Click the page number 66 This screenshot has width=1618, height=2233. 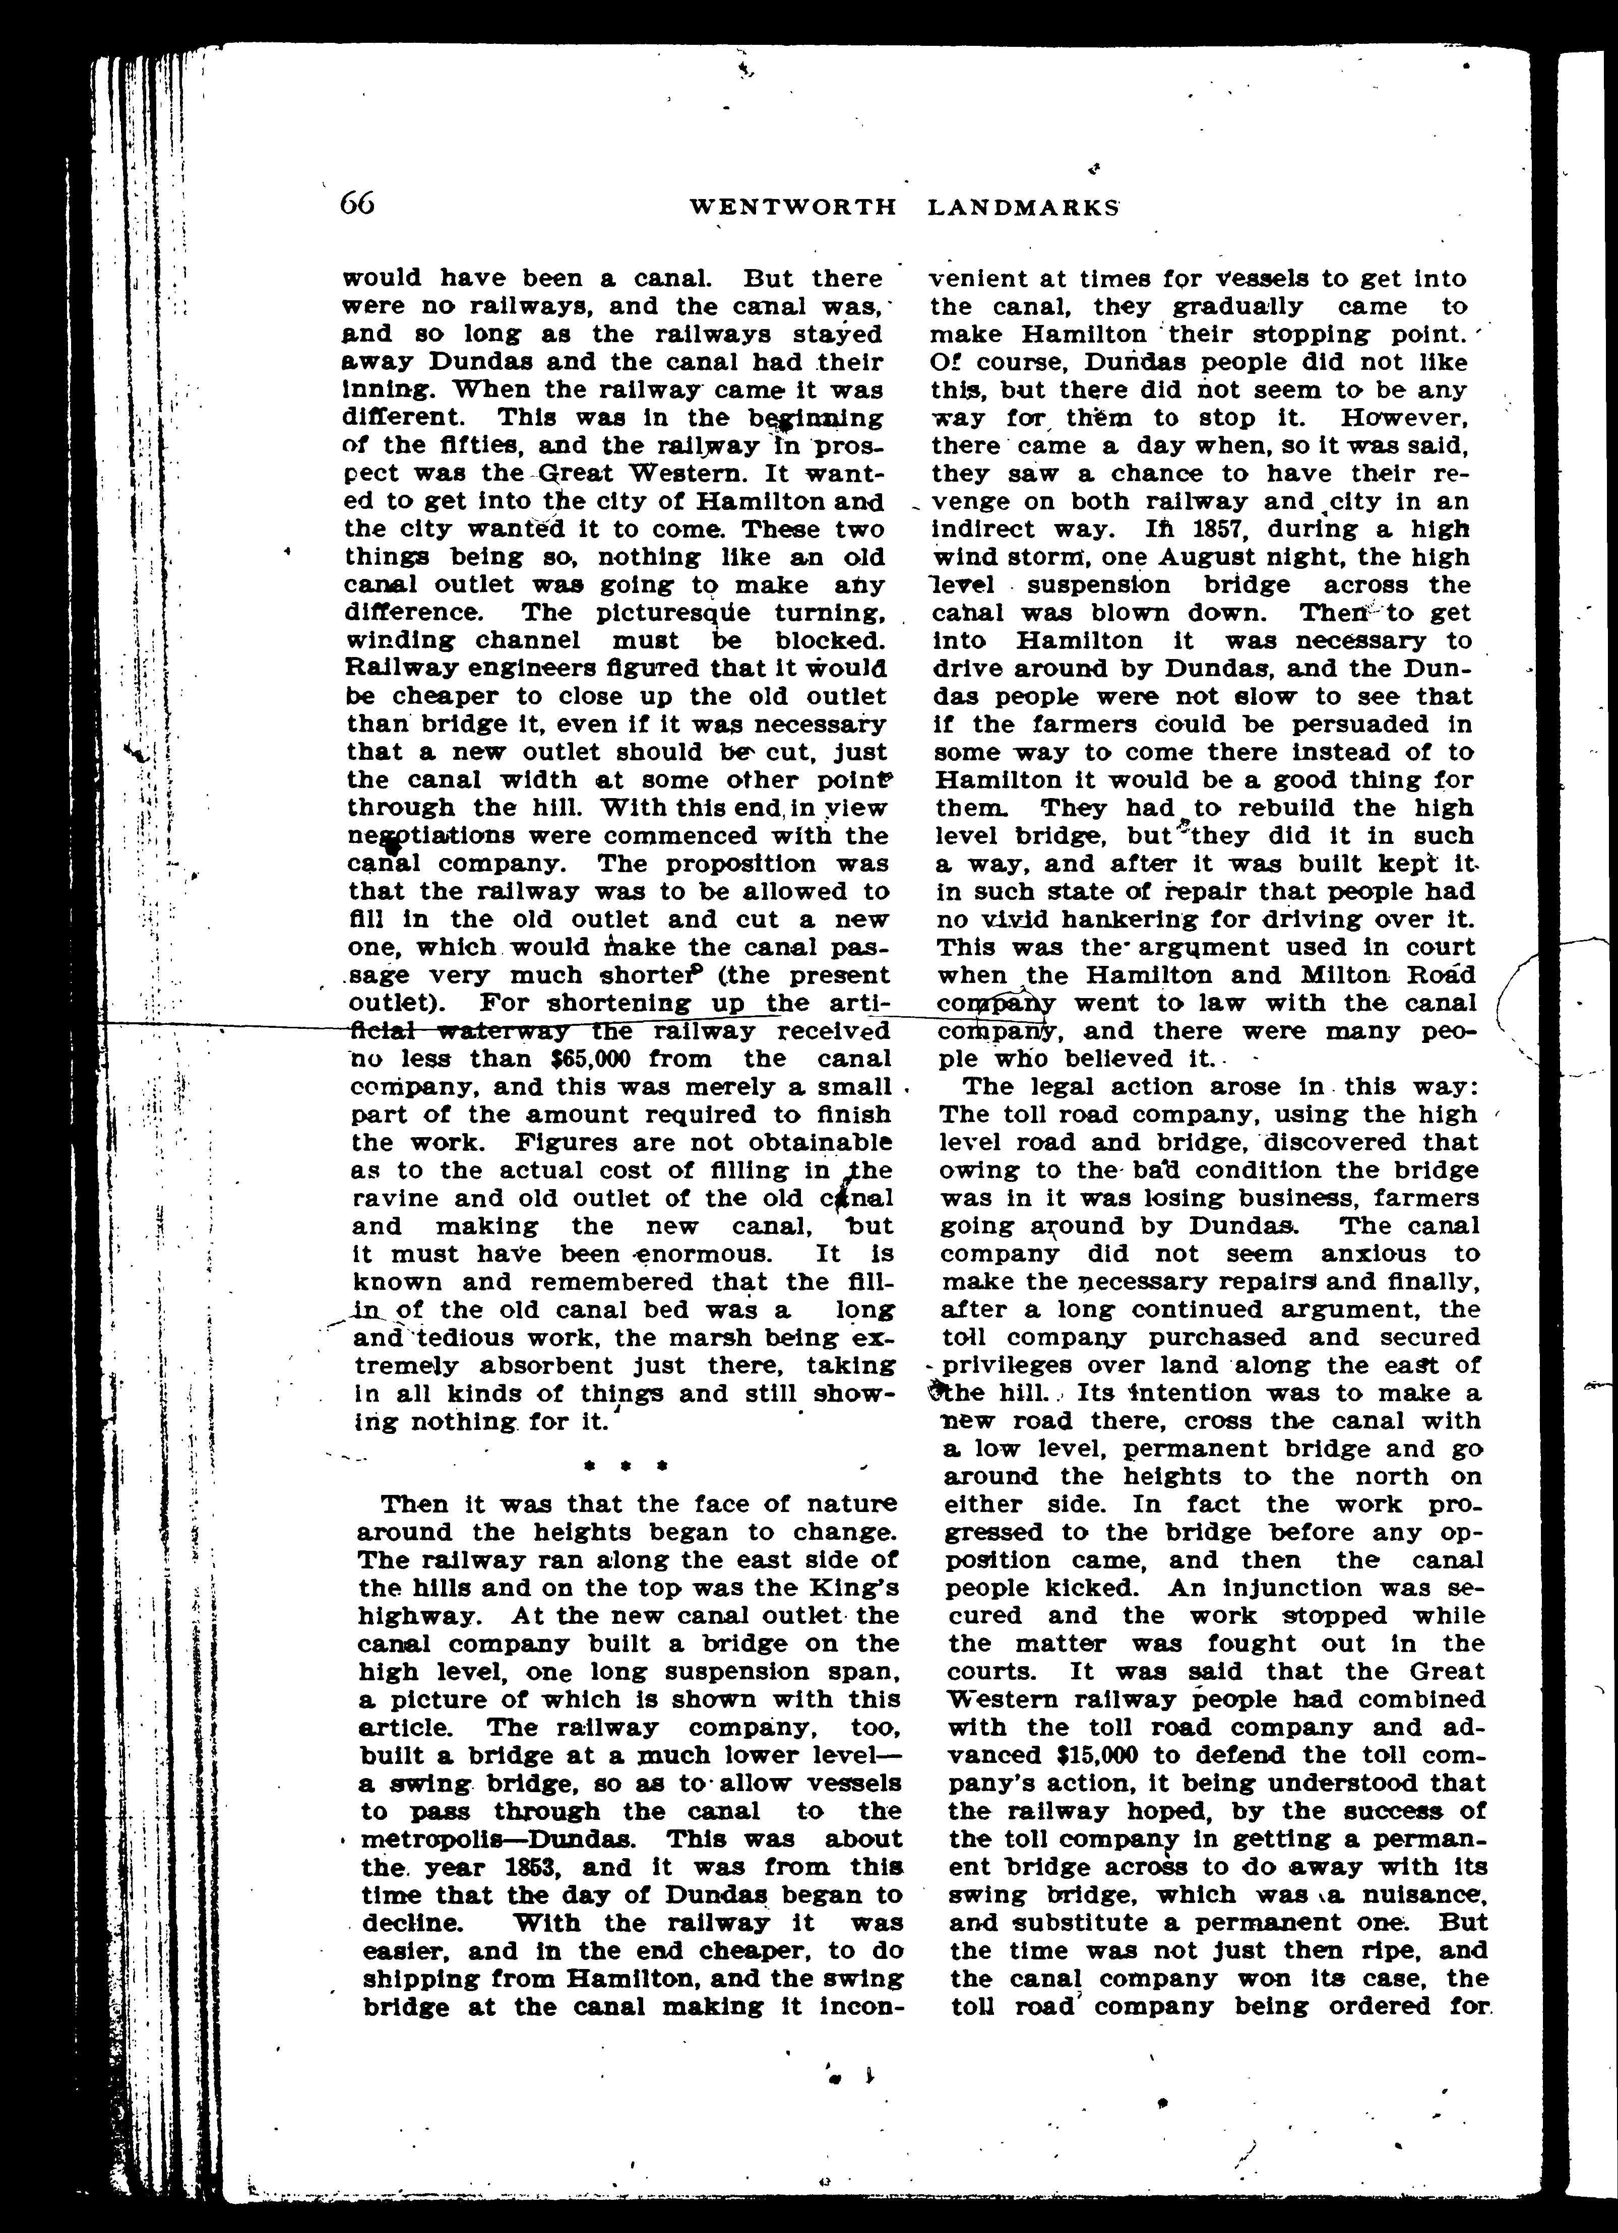click(356, 204)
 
